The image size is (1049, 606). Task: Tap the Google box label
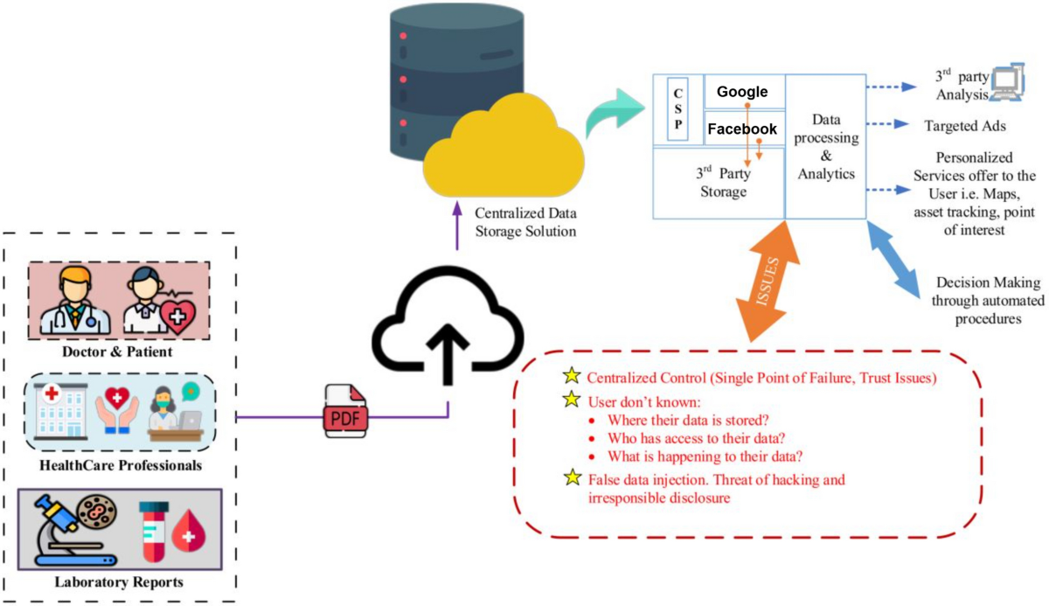742,92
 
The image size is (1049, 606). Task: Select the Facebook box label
742,129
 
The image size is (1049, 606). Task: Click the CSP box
678,109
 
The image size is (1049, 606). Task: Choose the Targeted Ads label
965,126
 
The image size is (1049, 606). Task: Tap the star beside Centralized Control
571,378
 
